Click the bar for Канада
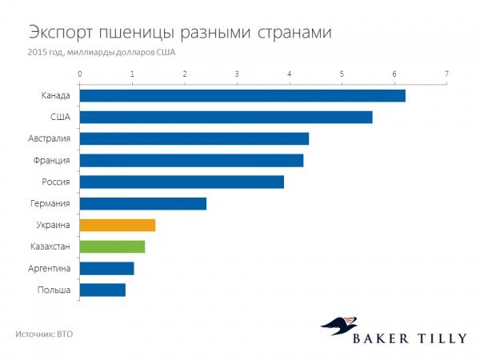click(x=242, y=96)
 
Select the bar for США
click(x=226, y=118)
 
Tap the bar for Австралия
click(x=194, y=139)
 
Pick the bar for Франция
click(x=191, y=161)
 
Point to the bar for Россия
click(x=182, y=182)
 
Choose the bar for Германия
click(x=143, y=204)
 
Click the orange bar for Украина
click(x=118, y=226)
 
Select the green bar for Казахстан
click(x=112, y=247)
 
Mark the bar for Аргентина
click(x=106, y=269)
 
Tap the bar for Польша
click(x=102, y=290)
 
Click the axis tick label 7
click(x=446, y=75)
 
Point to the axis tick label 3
click(x=237, y=75)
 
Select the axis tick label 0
click(x=80, y=75)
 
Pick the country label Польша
click(x=54, y=290)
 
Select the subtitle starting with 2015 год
click(x=102, y=52)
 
